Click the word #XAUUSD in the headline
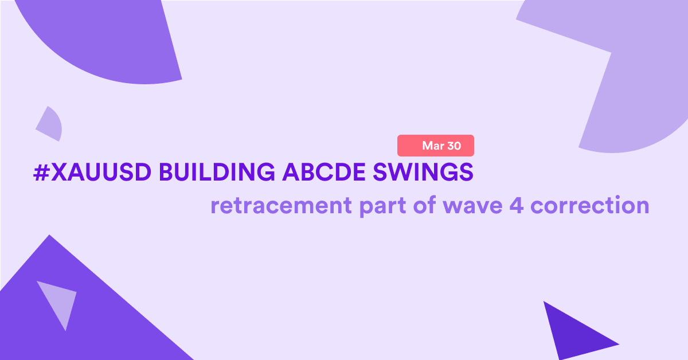[x=92, y=172]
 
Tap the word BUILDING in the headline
[x=217, y=172]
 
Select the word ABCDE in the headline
[x=324, y=172]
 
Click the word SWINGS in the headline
[x=423, y=172]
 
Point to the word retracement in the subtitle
[x=281, y=205]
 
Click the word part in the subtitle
[x=382, y=206]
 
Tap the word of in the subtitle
[x=424, y=205]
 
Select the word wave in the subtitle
[x=472, y=206]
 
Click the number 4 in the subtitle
[x=517, y=205]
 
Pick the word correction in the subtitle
[x=590, y=205]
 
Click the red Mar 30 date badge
[x=436, y=146]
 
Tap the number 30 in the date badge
[x=454, y=146]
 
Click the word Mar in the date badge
[x=433, y=146]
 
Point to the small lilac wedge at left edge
[x=50, y=124]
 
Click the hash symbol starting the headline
[x=42, y=173]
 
